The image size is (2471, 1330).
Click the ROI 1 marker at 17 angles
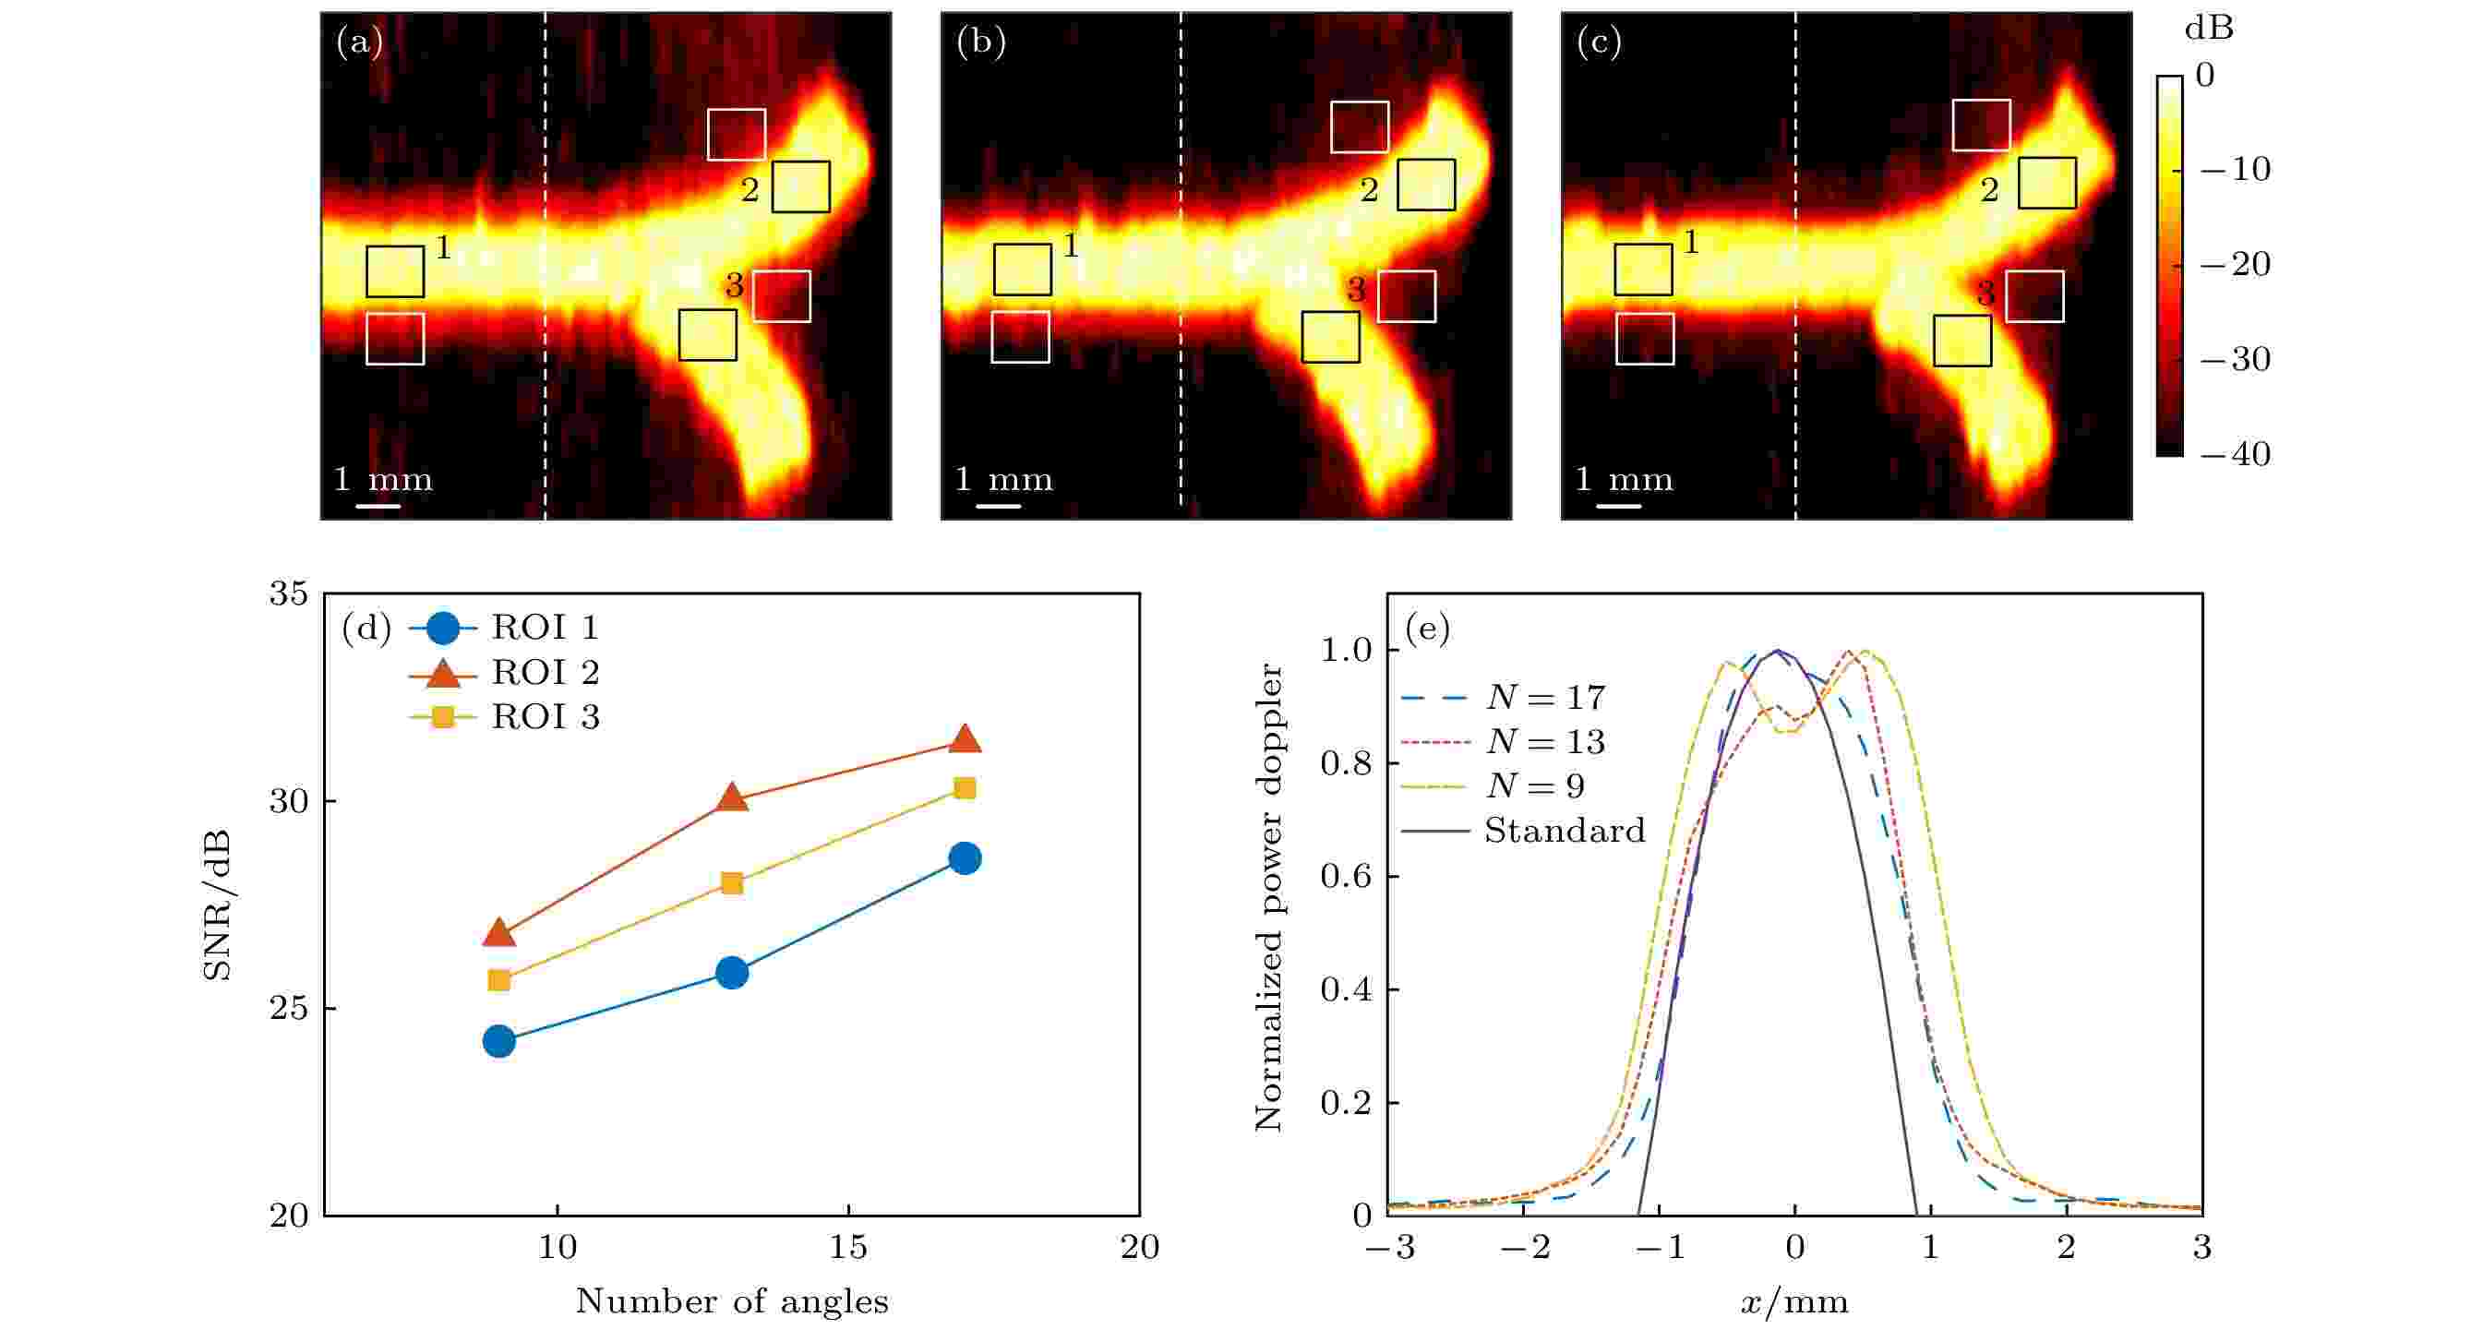coord(964,858)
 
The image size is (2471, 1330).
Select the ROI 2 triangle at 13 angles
coord(732,797)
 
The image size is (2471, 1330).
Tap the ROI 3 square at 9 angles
coord(498,980)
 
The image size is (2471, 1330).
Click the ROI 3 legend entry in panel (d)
coord(545,717)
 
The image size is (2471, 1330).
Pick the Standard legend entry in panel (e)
coord(1564,831)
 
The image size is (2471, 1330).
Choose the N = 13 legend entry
coord(1545,741)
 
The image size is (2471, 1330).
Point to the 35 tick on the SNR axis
coord(289,593)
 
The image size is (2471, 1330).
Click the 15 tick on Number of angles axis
coord(848,1248)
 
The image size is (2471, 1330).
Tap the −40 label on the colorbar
coord(2235,453)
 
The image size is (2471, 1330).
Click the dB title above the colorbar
coord(2208,29)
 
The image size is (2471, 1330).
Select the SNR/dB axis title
coord(219,905)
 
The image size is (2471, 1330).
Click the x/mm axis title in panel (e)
coord(1793,1302)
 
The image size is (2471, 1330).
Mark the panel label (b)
coord(980,43)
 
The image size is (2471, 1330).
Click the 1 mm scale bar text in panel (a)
coord(383,479)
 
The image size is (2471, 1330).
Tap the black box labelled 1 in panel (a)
coord(395,271)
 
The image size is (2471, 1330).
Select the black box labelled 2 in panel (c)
coord(2047,183)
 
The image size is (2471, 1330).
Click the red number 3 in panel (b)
coord(1356,289)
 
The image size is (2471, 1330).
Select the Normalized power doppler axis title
coord(1269,897)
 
